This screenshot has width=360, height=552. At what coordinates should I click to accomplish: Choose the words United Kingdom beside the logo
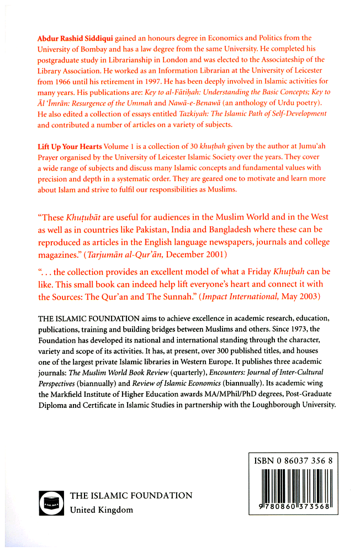click(x=101, y=510)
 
